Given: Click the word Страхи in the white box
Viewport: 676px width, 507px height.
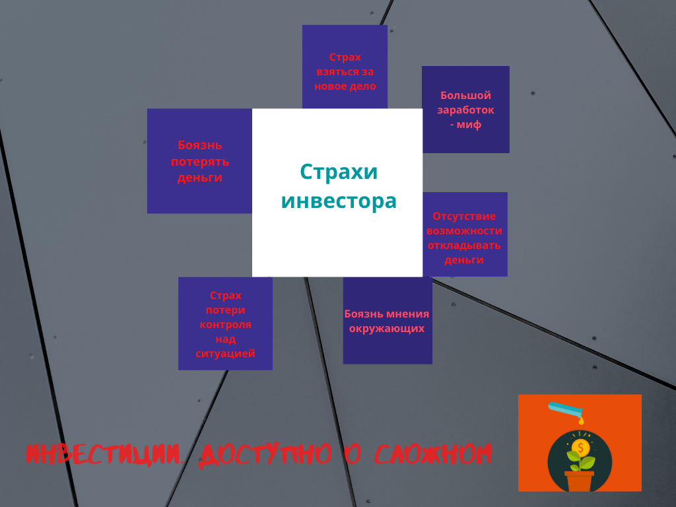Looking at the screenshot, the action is coord(339,172).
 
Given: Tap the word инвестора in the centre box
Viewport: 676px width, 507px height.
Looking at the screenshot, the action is coord(339,201).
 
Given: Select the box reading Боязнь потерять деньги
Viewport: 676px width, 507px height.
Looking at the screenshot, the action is coord(199,161).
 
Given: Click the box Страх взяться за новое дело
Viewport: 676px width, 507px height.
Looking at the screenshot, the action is coord(345,67).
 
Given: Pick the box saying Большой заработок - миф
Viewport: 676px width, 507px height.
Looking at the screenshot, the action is coord(465,110).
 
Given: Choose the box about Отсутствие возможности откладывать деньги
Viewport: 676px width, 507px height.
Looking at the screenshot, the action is coord(465,234).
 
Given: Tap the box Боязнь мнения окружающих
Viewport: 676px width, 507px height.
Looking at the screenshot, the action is coord(388,321).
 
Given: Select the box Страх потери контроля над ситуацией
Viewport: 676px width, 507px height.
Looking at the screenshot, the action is coord(226,323).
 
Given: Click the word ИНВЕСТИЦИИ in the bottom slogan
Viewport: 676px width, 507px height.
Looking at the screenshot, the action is coord(104,454).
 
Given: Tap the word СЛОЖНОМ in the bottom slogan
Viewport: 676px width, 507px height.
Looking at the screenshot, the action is coord(432,454).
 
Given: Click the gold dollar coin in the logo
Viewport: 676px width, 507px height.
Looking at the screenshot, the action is coord(580,448).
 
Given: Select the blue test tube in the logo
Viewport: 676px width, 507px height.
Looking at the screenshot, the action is coord(565,408).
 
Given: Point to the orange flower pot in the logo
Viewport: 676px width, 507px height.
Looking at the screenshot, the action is coord(580,481).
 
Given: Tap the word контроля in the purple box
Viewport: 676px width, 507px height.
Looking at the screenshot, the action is coord(226,324).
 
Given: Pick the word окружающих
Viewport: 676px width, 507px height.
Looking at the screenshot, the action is coord(387,329).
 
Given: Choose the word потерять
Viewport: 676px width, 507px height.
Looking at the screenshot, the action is coord(200,162).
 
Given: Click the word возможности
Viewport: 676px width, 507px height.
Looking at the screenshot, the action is coord(464,231).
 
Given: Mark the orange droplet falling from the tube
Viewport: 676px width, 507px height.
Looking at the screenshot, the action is coord(581,420).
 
